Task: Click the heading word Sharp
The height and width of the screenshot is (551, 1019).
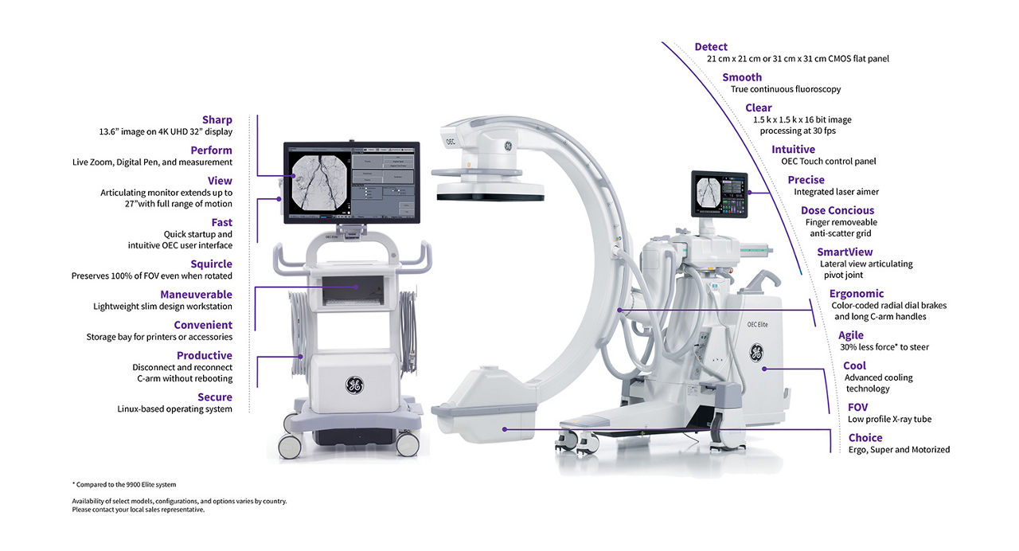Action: [x=217, y=120]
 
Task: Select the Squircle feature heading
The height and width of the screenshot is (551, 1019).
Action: [x=211, y=264]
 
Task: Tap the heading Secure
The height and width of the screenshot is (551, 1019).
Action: [x=215, y=397]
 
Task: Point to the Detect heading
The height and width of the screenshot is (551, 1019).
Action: [x=711, y=47]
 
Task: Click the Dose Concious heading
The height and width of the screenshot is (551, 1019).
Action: [x=837, y=211]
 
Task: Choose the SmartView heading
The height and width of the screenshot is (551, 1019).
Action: [x=845, y=252]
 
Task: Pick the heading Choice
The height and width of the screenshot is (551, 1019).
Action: [x=865, y=438]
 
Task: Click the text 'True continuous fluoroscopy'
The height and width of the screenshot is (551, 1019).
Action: [x=786, y=89]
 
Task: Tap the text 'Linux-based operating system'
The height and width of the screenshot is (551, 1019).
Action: [x=174, y=409]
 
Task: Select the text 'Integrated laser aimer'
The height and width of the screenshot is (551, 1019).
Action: [x=836, y=192]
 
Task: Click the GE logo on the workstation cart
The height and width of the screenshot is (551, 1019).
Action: [x=354, y=385]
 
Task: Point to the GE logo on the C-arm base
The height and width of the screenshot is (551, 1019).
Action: [x=756, y=353]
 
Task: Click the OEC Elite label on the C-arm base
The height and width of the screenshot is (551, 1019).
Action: [x=757, y=324]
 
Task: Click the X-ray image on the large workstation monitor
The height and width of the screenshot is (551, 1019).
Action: [x=319, y=182]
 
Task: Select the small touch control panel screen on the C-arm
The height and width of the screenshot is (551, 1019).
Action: [x=719, y=194]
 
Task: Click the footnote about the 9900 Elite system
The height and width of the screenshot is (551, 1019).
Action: [x=124, y=485]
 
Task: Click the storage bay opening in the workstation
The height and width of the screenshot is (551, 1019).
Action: [x=353, y=291]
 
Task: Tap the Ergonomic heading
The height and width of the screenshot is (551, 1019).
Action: [x=856, y=294]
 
